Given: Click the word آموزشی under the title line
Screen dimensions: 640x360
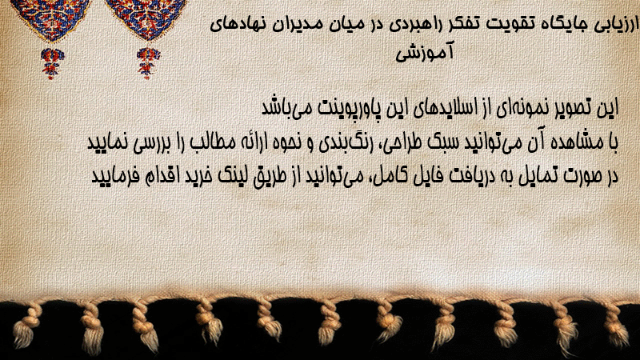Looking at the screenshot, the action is (425, 53).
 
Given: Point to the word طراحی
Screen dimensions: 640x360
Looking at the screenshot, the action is (402, 143).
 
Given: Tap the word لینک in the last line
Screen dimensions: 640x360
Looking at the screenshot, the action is (229, 176).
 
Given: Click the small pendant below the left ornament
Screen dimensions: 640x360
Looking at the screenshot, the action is (51, 62).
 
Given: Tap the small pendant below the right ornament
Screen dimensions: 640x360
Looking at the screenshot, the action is (148, 62).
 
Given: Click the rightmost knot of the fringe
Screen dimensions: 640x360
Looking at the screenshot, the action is (615, 322).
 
